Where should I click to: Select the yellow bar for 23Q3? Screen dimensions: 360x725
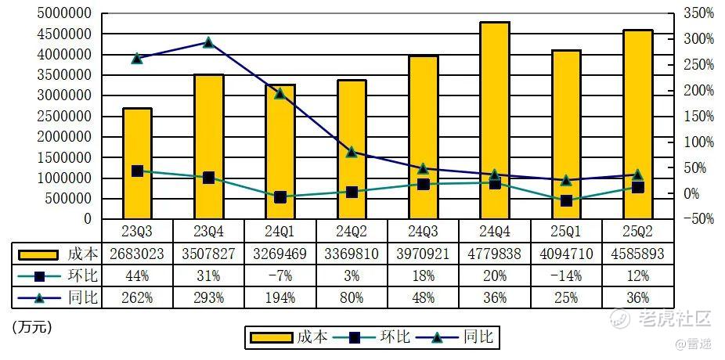[137, 164]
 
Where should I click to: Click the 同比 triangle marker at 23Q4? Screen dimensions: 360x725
[208, 42]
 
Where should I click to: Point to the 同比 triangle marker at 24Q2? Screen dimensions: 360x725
[352, 152]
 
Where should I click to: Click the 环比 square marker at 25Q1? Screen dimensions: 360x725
[566, 201]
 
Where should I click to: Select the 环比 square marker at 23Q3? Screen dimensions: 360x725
[137, 171]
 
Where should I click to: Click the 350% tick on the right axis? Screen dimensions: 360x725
[698, 13]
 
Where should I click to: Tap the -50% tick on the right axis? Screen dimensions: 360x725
[698, 220]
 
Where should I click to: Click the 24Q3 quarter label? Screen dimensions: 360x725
[424, 230]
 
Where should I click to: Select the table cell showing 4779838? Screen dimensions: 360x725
[495, 254]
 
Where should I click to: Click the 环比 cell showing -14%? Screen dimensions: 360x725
[566, 275]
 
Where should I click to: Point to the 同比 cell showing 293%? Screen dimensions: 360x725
[208, 297]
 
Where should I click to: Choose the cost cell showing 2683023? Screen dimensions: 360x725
[137, 254]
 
